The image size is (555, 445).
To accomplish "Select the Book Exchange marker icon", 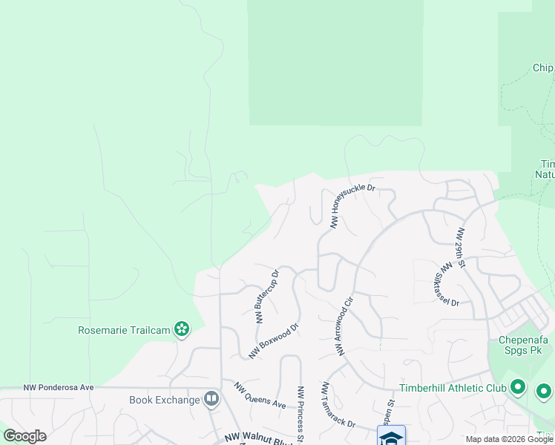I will point(211,400).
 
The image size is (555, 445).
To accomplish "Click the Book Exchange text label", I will point(165,400).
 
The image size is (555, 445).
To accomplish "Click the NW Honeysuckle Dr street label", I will point(353,206).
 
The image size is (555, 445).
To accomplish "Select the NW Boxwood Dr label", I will point(273,341).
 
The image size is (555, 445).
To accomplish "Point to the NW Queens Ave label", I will point(260,396).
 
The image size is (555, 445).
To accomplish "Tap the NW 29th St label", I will point(461,248).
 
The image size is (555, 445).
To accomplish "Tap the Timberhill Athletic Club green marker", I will point(518,388).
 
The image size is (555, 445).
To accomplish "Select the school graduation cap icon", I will point(391,437).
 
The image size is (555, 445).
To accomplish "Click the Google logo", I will point(24,436).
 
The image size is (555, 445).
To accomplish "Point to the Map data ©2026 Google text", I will point(509,439).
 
